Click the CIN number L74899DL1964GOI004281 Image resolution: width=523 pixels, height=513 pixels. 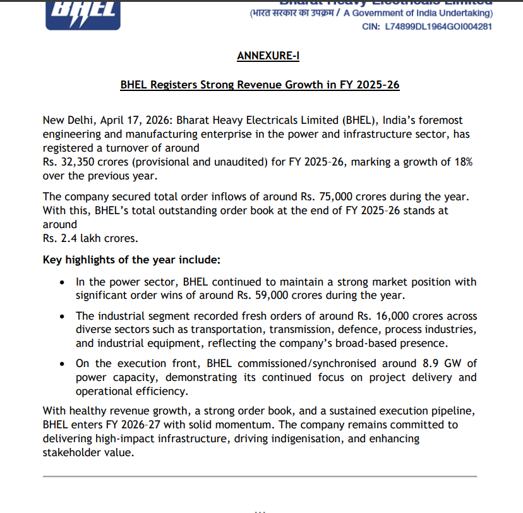[438, 27]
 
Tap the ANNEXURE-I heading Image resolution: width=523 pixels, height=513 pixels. [268, 56]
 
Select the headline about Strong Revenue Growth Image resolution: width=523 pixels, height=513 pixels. [260, 85]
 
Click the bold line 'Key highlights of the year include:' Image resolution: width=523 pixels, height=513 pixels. [131, 260]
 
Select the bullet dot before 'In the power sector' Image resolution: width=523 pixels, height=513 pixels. [61, 282]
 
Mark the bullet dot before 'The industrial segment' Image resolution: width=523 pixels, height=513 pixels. [61, 316]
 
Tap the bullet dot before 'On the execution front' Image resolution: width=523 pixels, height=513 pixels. [61, 364]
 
